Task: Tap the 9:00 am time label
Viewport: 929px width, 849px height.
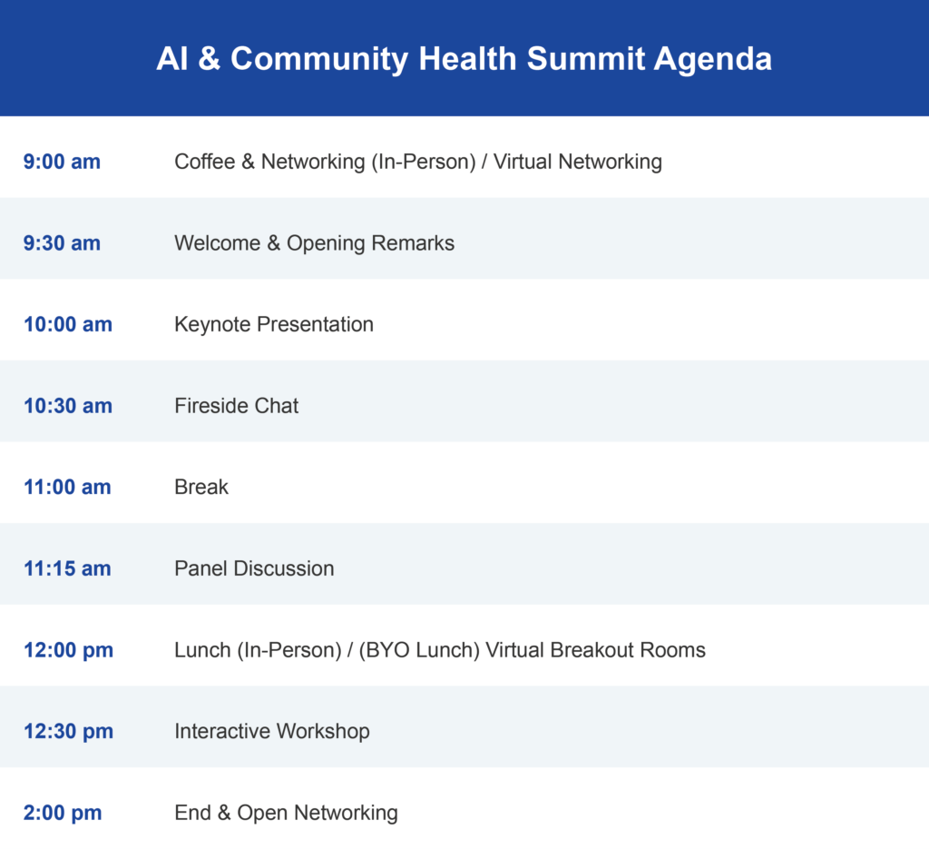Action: click(63, 162)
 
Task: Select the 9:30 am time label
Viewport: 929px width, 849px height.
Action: click(63, 243)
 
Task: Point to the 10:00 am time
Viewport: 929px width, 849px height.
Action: click(68, 324)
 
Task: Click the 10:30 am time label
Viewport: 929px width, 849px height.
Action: click(68, 406)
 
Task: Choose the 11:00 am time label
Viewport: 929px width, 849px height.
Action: click(67, 487)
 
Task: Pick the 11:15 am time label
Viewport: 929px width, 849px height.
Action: click(67, 568)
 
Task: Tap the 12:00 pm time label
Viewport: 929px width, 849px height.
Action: click(69, 650)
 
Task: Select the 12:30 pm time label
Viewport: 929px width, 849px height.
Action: click(69, 731)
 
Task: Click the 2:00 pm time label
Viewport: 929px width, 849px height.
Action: click(63, 813)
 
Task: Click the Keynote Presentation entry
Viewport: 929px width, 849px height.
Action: click(274, 324)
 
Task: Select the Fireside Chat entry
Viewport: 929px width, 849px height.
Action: click(237, 406)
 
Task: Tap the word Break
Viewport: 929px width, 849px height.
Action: click(201, 487)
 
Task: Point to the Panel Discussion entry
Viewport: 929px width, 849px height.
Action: click(254, 568)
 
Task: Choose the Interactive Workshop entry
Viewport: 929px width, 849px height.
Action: click(272, 731)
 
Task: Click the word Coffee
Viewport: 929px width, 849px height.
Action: click(204, 162)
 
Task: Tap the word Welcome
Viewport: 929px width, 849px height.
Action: click(218, 243)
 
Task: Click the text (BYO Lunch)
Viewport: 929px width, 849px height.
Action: click(419, 650)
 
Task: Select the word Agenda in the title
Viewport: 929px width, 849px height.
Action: click(713, 59)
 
